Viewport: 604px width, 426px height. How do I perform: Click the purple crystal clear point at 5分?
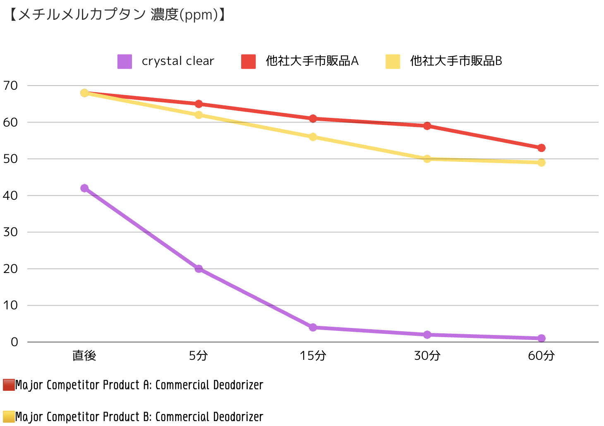pyautogui.click(x=199, y=269)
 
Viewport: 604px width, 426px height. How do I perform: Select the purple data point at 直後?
pyautogui.click(x=84, y=188)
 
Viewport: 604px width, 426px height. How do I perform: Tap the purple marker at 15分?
pyautogui.click(x=313, y=327)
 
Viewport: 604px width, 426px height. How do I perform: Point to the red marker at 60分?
pyautogui.click(x=541, y=148)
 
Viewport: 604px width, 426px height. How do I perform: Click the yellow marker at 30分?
pyautogui.click(x=427, y=159)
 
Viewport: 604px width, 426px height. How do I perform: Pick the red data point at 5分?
pyautogui.click(x=199, y=104)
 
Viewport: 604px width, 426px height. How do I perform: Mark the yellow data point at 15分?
pyautogui.click(x=313, y=137)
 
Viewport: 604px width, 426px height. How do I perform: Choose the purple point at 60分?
pyautogui.click(x=541, y=338)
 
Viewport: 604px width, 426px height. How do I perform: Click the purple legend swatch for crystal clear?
pyautogui.click(x=125, y=61)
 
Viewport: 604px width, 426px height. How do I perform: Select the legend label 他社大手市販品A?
pyautogui.click(x=312, y=61)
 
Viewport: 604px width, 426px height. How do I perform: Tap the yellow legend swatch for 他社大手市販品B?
pyautogui.click(x=393, y=61)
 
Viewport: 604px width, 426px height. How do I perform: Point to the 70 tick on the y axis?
pyautogui.click(x=10, y=86)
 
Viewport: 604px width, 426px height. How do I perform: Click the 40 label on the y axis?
pyautogui.click(x=10, y=196)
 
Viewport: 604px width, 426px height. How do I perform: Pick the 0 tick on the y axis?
pyautogui.click(x=14, y=342)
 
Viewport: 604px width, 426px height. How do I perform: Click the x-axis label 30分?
pyautogui.click(x=427, y=356)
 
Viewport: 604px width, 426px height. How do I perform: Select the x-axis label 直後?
pyautogui.click(x=84, y=356)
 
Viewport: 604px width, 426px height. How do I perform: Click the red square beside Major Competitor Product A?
pyautogui.click(x=9, y=385)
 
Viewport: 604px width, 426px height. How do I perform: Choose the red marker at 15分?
pyautogui.click(x=313, y=119)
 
